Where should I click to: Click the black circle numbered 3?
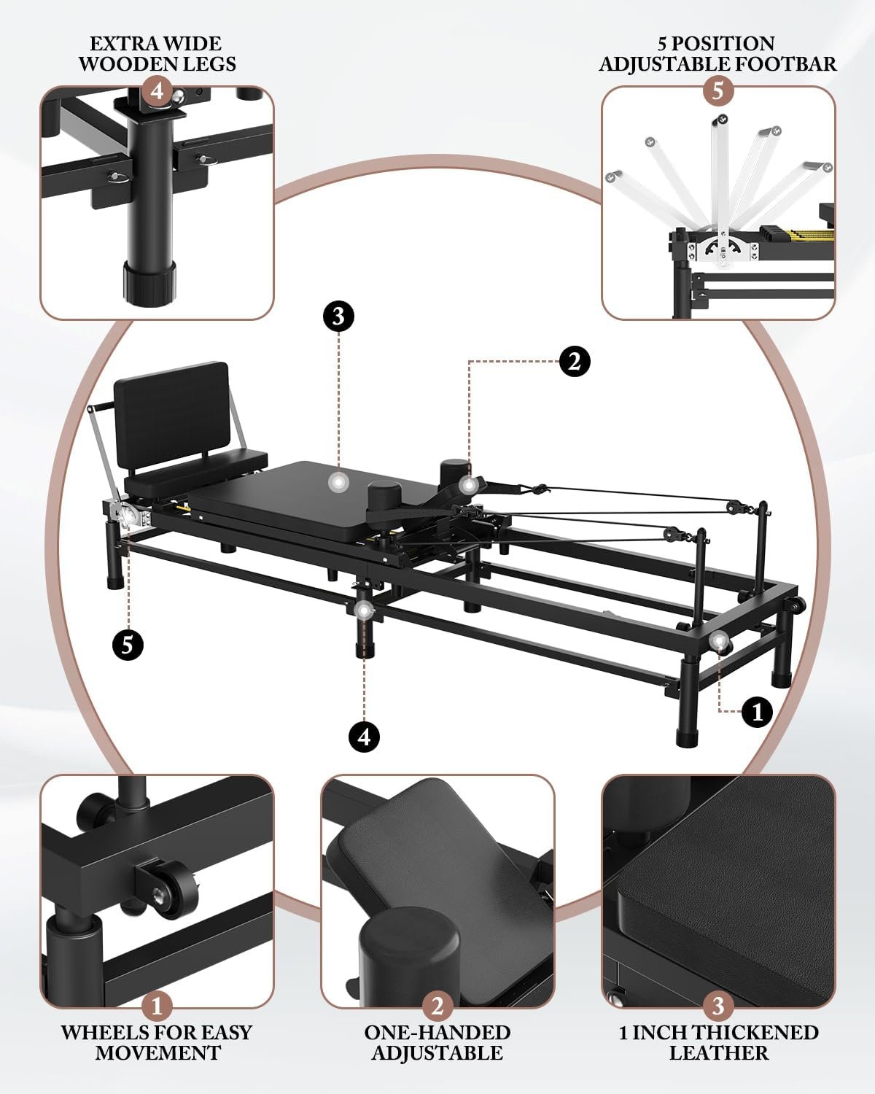click(x=338, y=317)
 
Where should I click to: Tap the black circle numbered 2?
click(x=575, y=362)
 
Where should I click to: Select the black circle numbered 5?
click(x=128, y=645)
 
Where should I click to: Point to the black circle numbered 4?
click(x=364, y=737)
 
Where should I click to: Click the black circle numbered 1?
click(x=757, y=713)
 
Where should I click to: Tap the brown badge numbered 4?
click(x=157, y=91)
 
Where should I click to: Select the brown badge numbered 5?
click(x=718, y=91)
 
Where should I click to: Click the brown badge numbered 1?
click(x=157, y=1006)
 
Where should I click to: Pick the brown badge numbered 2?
click(x=437, y=1006)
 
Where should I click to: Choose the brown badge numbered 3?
click(x=718, y=1006)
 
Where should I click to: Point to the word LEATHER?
click(x=718, y=1053)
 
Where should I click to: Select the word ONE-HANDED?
click(x=437, y=1033)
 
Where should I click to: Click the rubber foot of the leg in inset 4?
click(x=149, y=284)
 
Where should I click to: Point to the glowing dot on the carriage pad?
click(x=338, y=482)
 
